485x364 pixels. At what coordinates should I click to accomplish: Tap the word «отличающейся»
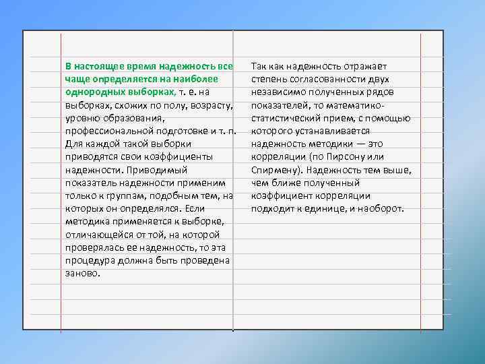click(94, 235)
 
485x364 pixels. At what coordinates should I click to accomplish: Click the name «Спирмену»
click(276, 170)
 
